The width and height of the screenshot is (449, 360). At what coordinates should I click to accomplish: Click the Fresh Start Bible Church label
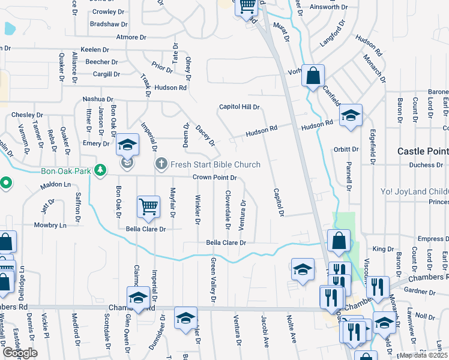[x=215, y=164]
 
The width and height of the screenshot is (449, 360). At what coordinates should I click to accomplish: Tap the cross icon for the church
[x=161, y=164]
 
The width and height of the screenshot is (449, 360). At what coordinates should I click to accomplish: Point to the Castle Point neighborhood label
[x=423, y=151]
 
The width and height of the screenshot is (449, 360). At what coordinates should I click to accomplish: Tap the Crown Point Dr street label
[x=215, y=178]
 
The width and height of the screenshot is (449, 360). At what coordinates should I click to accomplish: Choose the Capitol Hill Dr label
[x=239, y=107]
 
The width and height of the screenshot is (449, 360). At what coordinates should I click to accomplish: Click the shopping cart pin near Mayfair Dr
[x=148, y=207]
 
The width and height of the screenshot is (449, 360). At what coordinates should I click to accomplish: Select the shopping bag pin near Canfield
[x=313, y=76]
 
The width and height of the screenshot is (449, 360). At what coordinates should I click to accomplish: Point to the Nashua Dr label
[x=98, y=99]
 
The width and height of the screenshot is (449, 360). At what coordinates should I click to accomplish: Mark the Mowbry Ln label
[x=50, y=226]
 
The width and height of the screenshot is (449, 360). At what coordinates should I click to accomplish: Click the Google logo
[x=20, y=353]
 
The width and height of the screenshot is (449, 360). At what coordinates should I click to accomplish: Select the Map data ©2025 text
[x=424, y=355]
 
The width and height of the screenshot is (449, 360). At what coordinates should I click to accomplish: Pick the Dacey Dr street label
[x=205, y=134]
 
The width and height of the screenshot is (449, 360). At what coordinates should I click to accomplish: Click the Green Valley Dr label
[x=213, y=280]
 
